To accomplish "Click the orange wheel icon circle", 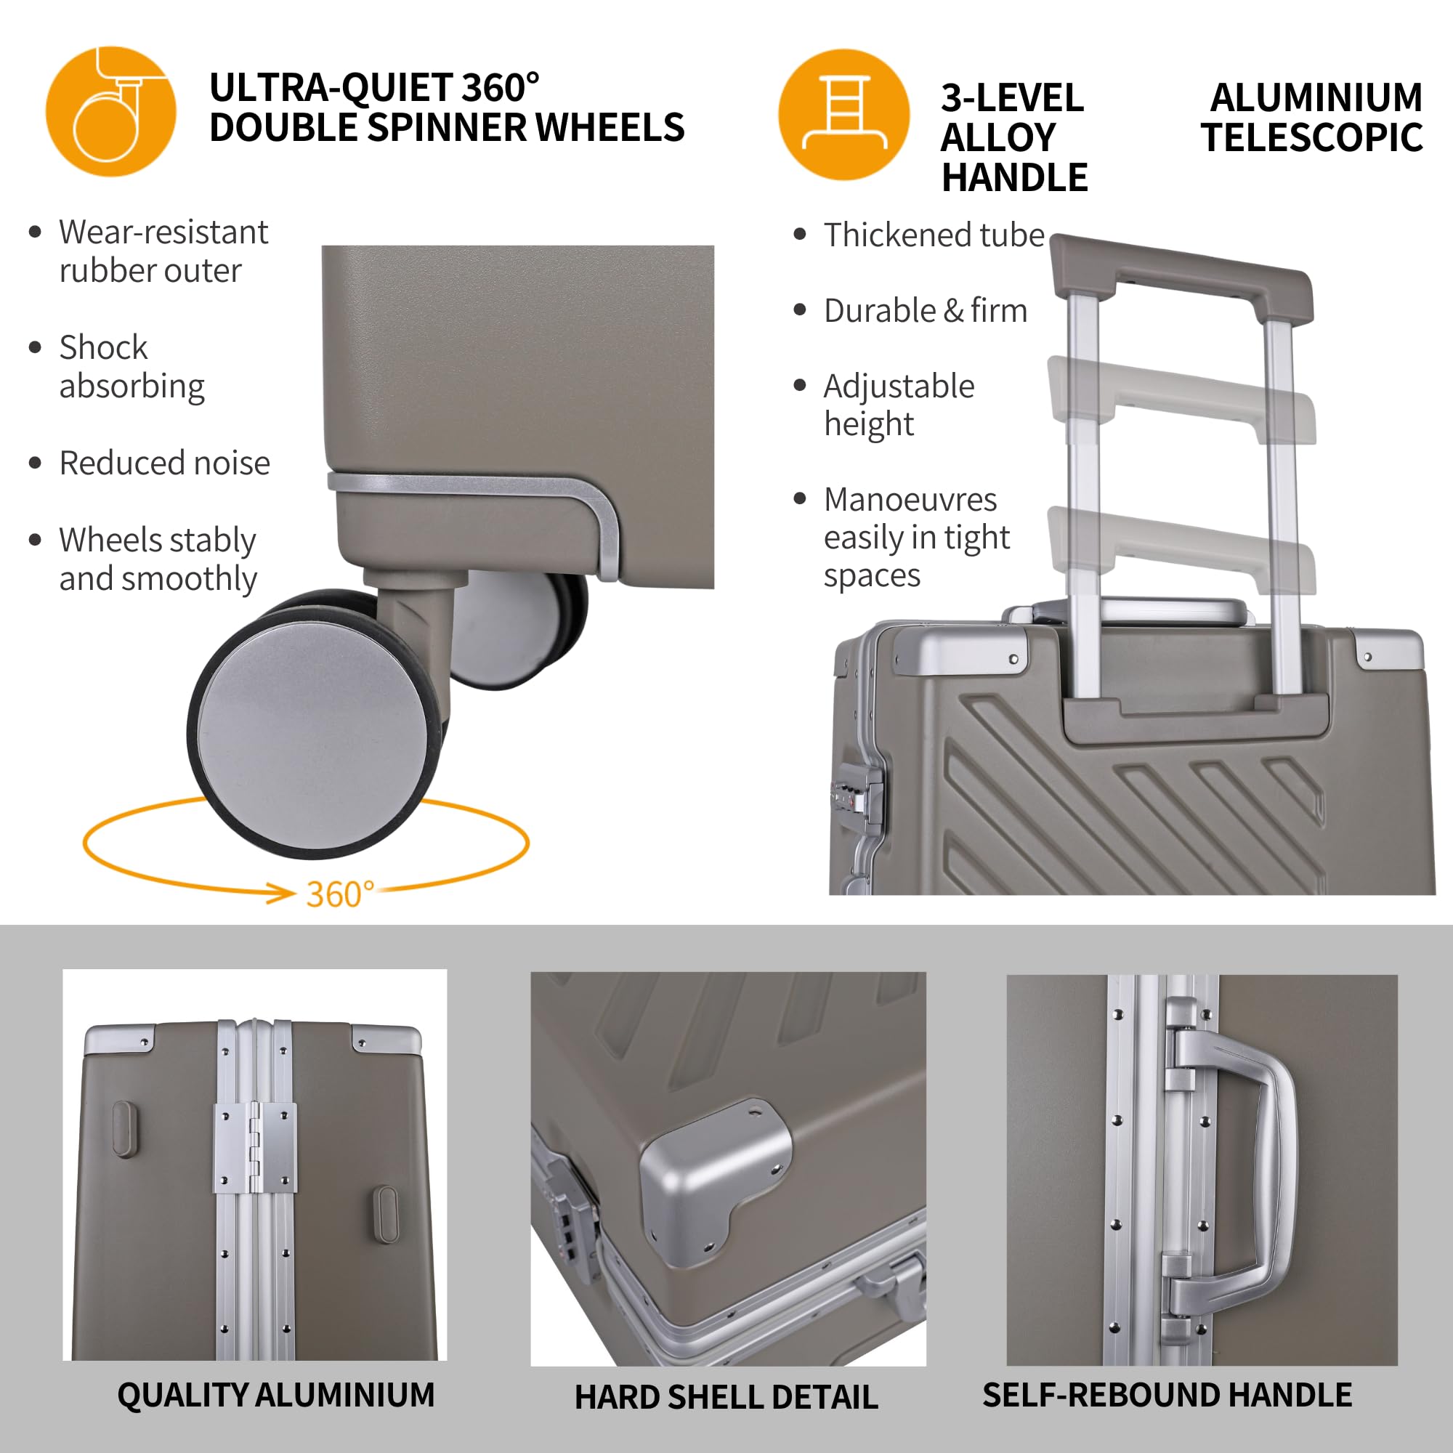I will [110, 111].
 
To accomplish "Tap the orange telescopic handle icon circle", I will [843, 114].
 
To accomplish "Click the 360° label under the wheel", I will [340, 894].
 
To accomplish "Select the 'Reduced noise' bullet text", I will [165, 463].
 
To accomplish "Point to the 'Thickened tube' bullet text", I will [934, 235].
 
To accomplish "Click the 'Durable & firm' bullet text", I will [925, 310].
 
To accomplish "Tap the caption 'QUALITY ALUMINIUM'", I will [276, 1395].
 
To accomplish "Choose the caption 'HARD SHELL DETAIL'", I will [726, 1397].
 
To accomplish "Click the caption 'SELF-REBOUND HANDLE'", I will [1167, 1395].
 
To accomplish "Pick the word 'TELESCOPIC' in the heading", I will [1311, 137].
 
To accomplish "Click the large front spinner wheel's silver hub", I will [312, 722].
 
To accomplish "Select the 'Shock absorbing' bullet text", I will [131, 366].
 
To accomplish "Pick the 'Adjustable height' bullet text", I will [899, 405].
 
